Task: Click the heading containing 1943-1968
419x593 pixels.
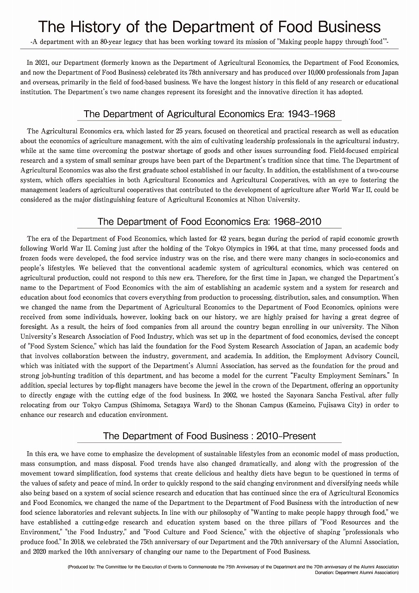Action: click(x=209, y=114)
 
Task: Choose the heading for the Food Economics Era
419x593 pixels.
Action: click(x=209, y=221)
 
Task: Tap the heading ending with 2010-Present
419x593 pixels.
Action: click(x=209, y=436)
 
